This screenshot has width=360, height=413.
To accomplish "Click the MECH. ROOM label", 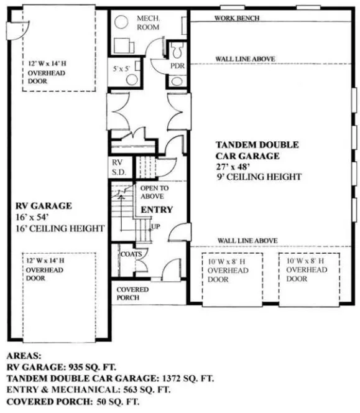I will click(148, 24).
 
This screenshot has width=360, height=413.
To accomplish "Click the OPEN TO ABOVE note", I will click(154, 192).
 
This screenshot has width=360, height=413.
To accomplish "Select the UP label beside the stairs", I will click(155, 226).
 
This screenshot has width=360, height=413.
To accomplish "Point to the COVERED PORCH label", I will click(132, 294).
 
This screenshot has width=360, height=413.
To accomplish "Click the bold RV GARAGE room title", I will click(44, 205).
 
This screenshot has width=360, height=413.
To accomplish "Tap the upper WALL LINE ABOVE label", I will click(245, 59).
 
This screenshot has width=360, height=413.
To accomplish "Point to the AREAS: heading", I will click(24, 356).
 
